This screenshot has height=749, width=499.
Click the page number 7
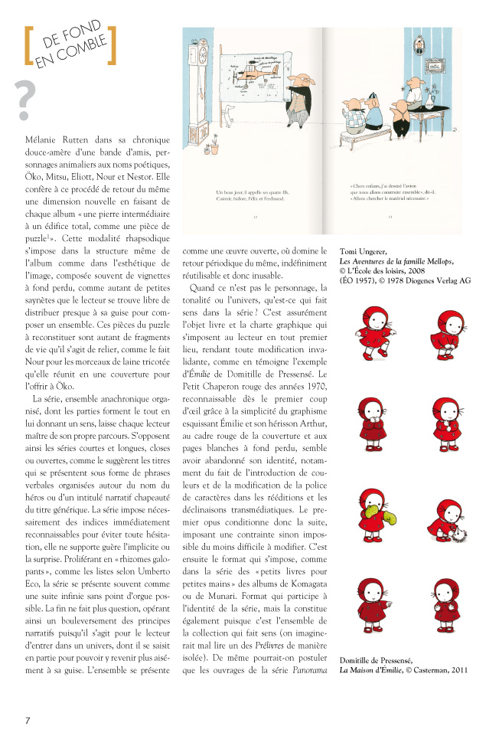click(x=28, y=720)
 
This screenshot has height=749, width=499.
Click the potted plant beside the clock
click(x=216, y=140)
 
